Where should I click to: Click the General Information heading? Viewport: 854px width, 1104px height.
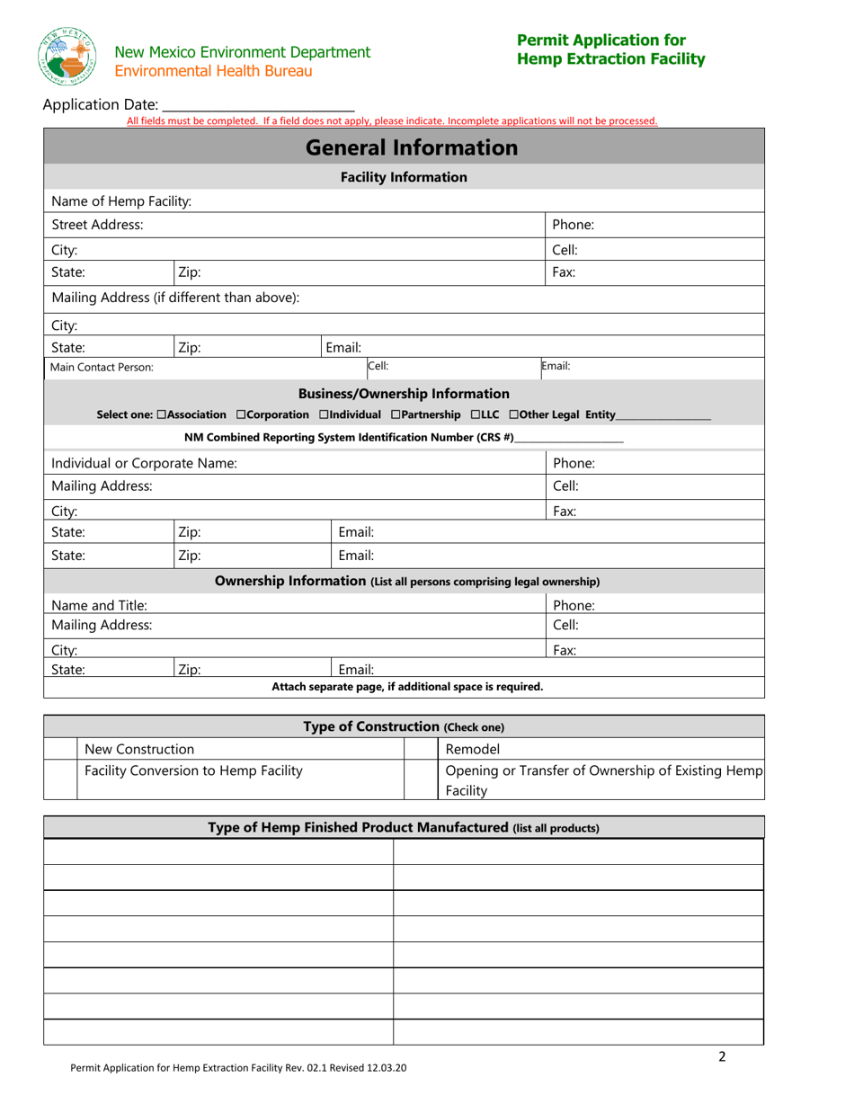point(412,147)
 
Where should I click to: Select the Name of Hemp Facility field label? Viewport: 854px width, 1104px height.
point(122,201)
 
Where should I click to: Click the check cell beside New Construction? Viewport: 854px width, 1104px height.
point(60,749)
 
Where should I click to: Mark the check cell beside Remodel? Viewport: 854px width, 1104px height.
point(420,749)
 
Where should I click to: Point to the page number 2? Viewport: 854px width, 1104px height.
point(721,1057)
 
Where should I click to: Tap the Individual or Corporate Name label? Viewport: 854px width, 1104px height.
point(145,463)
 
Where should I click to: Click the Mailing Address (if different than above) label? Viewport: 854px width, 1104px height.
point(175,298)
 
